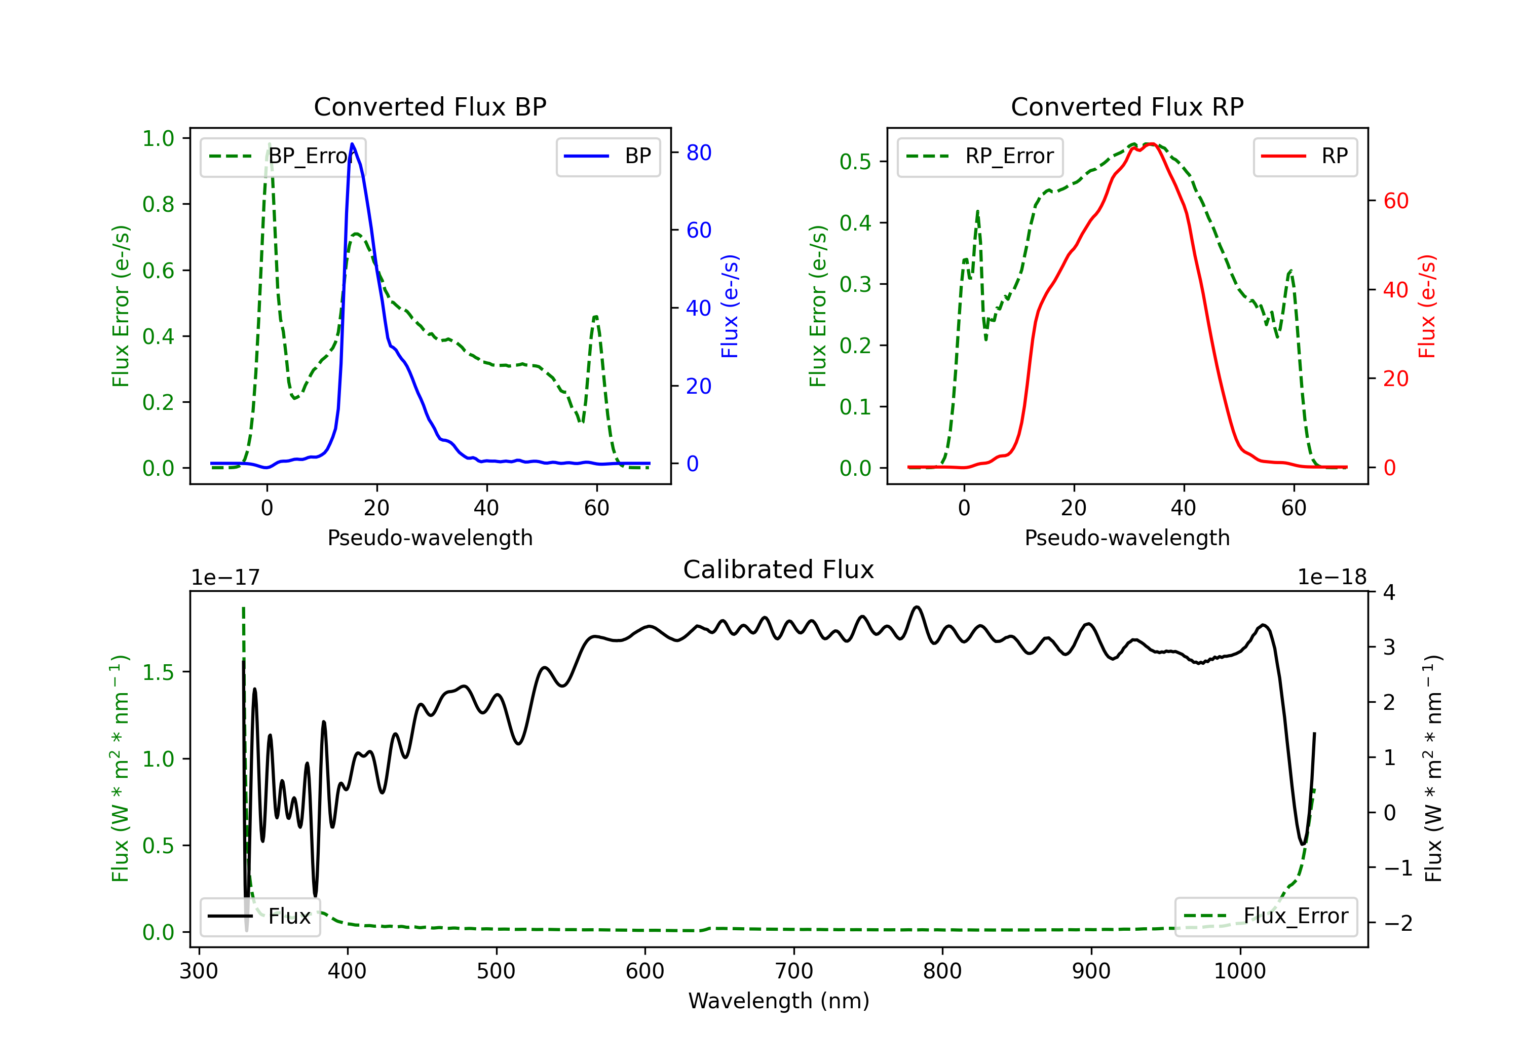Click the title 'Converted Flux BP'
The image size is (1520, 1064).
pos(430,106)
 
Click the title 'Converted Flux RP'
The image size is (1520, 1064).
pos(1127,106)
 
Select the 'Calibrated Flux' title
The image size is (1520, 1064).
pos(779,569)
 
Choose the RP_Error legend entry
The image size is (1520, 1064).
pos(980,156)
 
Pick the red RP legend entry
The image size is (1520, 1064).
pos(1305,156)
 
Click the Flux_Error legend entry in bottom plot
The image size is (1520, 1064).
pos(1266,917)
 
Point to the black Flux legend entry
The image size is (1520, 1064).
pos(260,917)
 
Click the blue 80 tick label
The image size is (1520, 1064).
pos(699,153)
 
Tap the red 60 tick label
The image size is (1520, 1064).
pos(1396,201)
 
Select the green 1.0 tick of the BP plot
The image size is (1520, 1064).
pos(158,138)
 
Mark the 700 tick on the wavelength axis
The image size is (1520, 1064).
pos(794,971)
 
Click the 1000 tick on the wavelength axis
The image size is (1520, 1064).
pos(1240,971)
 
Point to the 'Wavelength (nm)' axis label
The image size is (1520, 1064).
pos(779,1001)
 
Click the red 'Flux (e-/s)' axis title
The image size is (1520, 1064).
pos(1427,307)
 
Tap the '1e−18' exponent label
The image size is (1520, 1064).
pos(1332,578)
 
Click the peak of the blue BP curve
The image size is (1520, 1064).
pos(352,144)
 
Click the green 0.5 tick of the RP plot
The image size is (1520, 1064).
pos(855,162)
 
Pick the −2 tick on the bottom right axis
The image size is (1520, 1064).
pos(1397,923)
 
